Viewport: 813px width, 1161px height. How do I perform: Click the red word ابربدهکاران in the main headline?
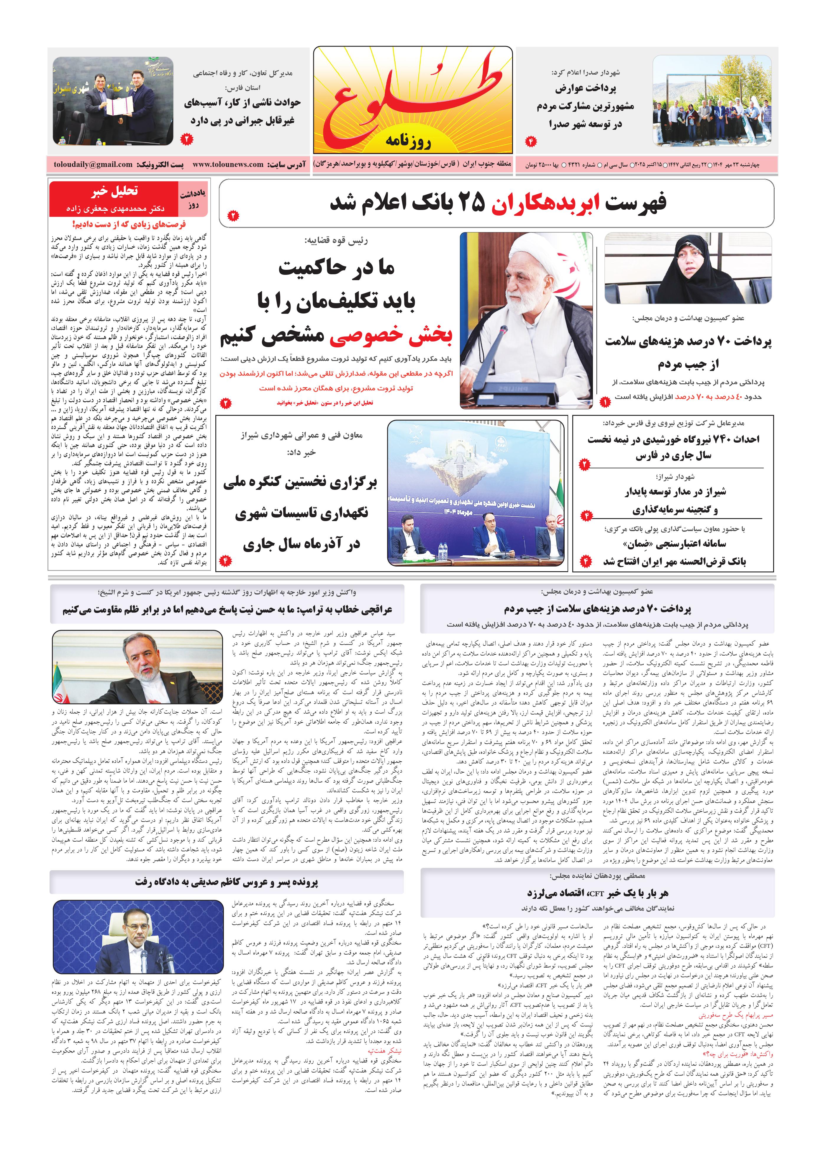pyautogui.click(x=545, y=203)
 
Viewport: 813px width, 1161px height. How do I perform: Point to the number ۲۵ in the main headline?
pyautogui.click(x=471, y=203)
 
